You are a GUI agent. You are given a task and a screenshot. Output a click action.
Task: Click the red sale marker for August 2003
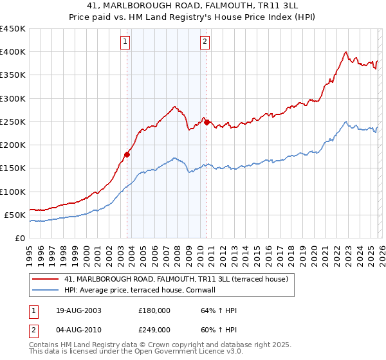[x=127, y=154]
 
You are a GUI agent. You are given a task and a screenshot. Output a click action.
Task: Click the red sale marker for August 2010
[x=207, y=122]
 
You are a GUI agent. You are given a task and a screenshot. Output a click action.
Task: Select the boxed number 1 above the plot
[x=125, y=43]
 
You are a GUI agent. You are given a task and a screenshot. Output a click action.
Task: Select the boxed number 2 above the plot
[x=205, y=43]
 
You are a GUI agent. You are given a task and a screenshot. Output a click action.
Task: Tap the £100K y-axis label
[x=13, y=192]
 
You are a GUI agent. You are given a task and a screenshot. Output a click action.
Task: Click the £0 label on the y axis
[x=19, y=238]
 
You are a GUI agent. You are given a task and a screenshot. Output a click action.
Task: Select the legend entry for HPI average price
[x=143, y=290]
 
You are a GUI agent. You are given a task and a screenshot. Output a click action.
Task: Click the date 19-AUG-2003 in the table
[x=78, y=310]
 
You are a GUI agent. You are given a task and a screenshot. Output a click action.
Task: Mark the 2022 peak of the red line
[x=346, y=52]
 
